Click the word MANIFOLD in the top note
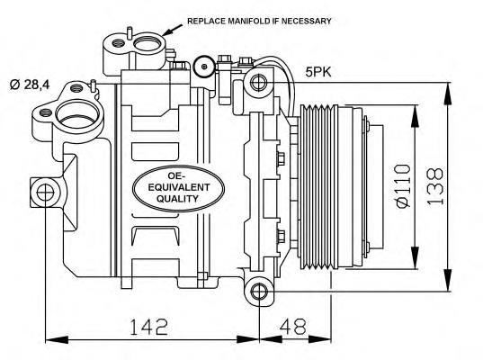click(x=233, y=20)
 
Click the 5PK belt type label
click(x=318, y=71)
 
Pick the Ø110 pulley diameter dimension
click(x=402, y=185)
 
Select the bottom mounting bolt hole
click(x=259, y=291)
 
